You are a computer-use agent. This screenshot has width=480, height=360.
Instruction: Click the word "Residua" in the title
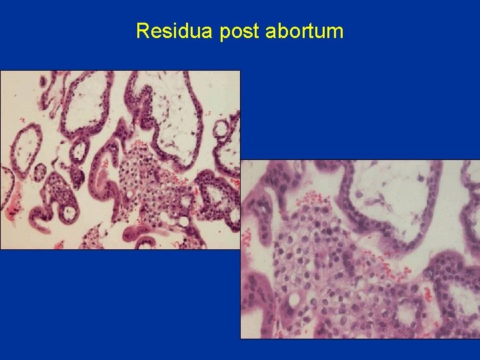[x=175, y=31]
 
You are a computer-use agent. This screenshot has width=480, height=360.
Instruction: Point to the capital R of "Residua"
[x=142, y=31]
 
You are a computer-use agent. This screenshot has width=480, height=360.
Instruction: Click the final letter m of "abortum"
[x=336, y=31]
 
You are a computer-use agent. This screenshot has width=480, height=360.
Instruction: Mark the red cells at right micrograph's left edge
[x=248, y=238]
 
